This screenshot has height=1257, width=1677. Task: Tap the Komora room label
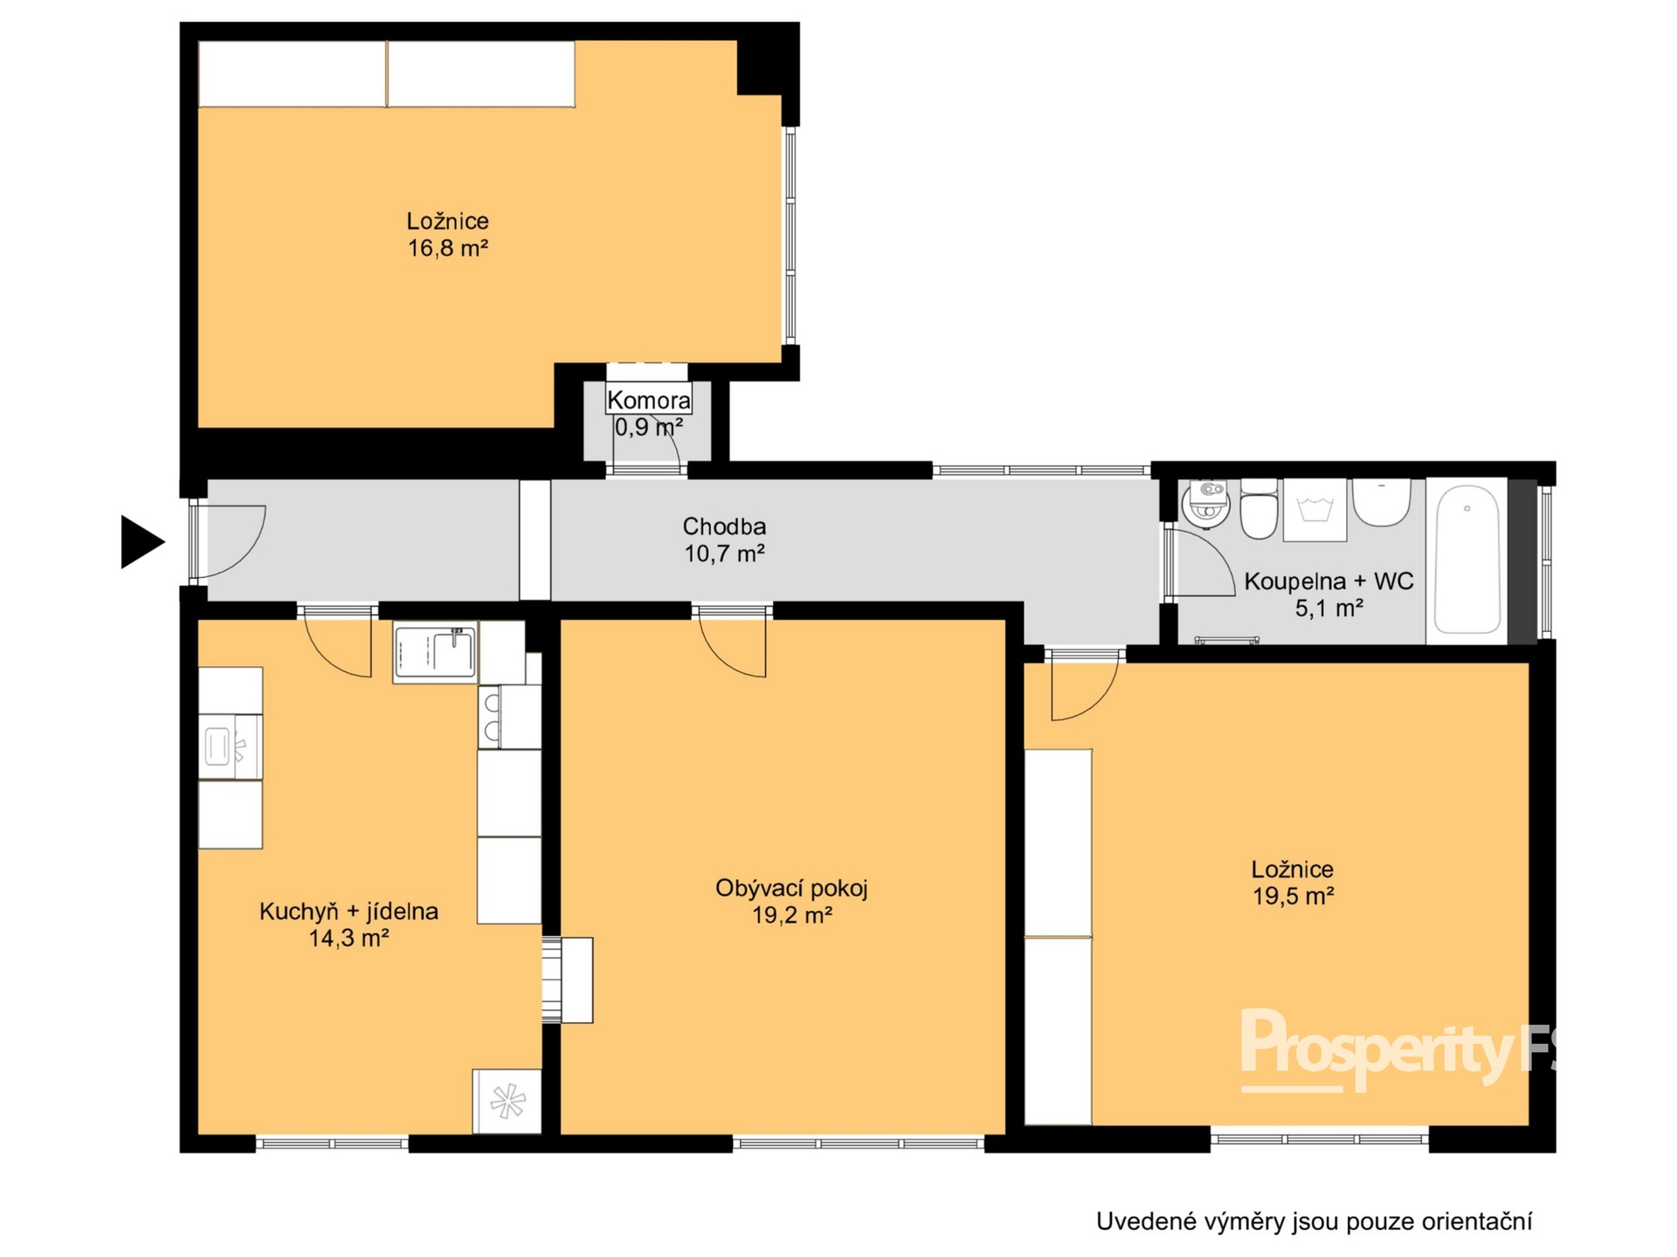pos(648,401)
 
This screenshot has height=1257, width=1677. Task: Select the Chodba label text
pos(724,526)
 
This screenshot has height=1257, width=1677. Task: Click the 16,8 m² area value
pos(447,248)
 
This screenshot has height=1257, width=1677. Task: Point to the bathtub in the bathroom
pos(1467,559)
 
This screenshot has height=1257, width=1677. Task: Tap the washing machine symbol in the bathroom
pos(1315,510)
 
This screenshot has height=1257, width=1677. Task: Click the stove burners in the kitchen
pos(492,716)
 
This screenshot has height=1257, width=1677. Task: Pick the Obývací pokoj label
pos(791,889)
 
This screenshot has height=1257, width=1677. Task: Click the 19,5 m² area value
pos(1293,896)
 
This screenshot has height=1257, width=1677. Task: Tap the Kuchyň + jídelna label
pos(349,911)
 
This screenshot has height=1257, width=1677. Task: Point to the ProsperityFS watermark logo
pos(1397,1049)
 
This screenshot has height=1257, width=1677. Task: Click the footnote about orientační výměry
pos(1314,1221)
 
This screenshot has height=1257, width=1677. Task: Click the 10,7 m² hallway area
pos(724,553)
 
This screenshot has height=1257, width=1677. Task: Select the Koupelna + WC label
pos(1328,581)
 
